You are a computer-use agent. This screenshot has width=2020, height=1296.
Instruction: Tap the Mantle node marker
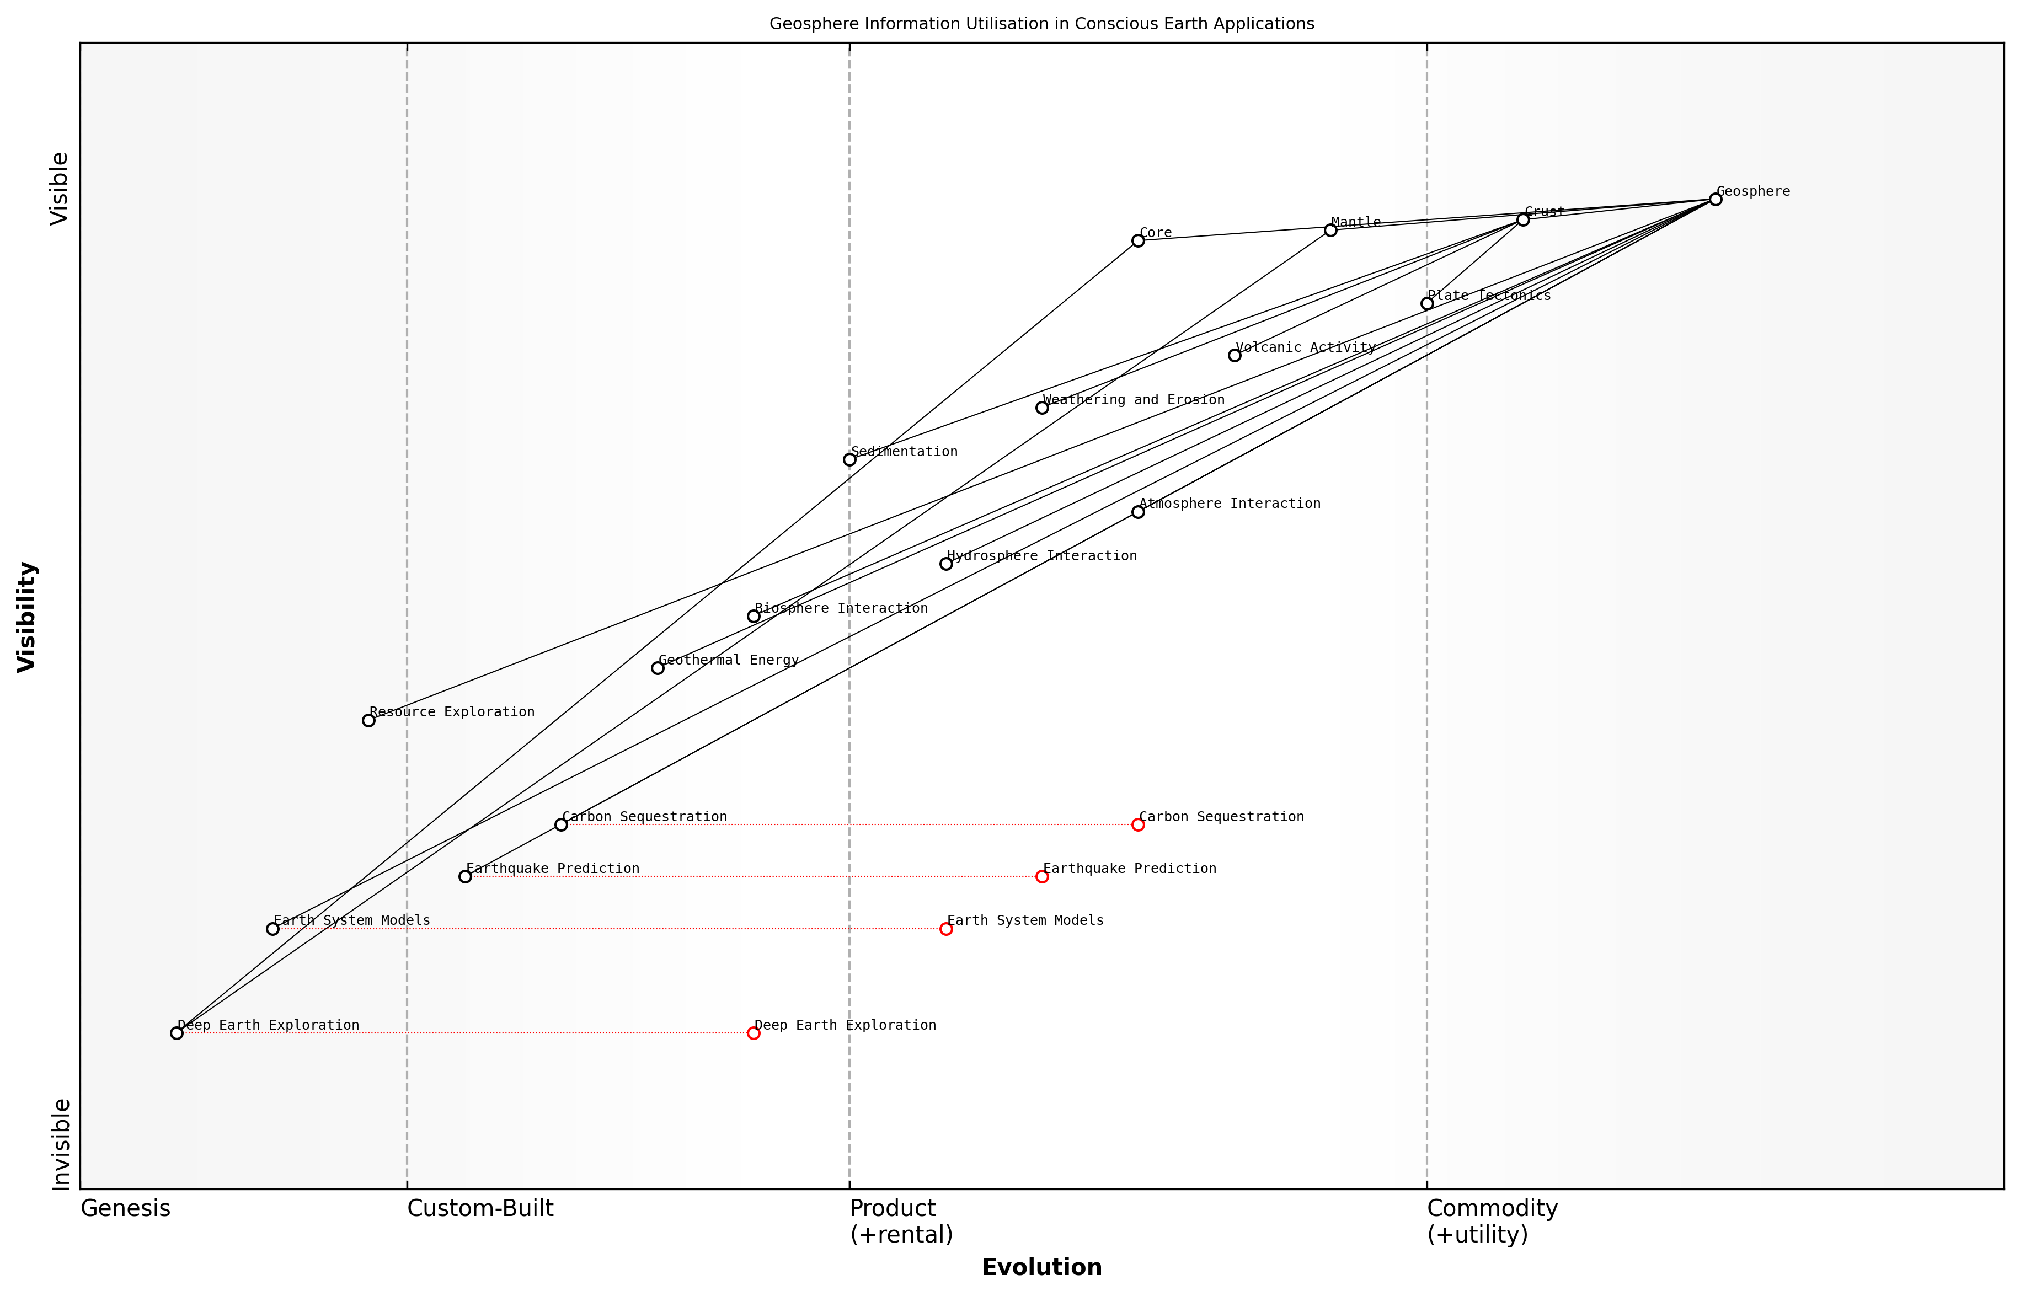pyautogui.click(x=1330, y=230)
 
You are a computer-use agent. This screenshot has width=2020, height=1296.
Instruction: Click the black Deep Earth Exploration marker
pyautogui.click(x=177, y=1033)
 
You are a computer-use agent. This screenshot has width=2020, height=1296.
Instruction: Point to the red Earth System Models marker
pyautogui.click(x=946, y=929)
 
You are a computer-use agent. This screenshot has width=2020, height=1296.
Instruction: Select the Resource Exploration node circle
pyautogui.click(x=368, y=720)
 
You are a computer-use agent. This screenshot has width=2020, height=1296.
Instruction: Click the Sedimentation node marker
pyautogui.click(x=850, y=459)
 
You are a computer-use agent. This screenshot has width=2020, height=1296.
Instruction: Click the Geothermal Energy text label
pyautogui.click(x=728, y=661)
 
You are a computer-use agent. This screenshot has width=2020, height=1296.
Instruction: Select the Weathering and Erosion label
pyautogui.click(x=1133, y=400)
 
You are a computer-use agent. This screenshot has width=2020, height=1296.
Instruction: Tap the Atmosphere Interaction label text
pyautogui.click(x=1229, y=504)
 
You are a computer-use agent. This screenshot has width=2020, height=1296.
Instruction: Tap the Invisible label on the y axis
pyautogui.click(x=61, y=1144)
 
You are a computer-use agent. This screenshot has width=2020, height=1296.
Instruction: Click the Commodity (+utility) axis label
pyautogui.click(x=1492, y=1221)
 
